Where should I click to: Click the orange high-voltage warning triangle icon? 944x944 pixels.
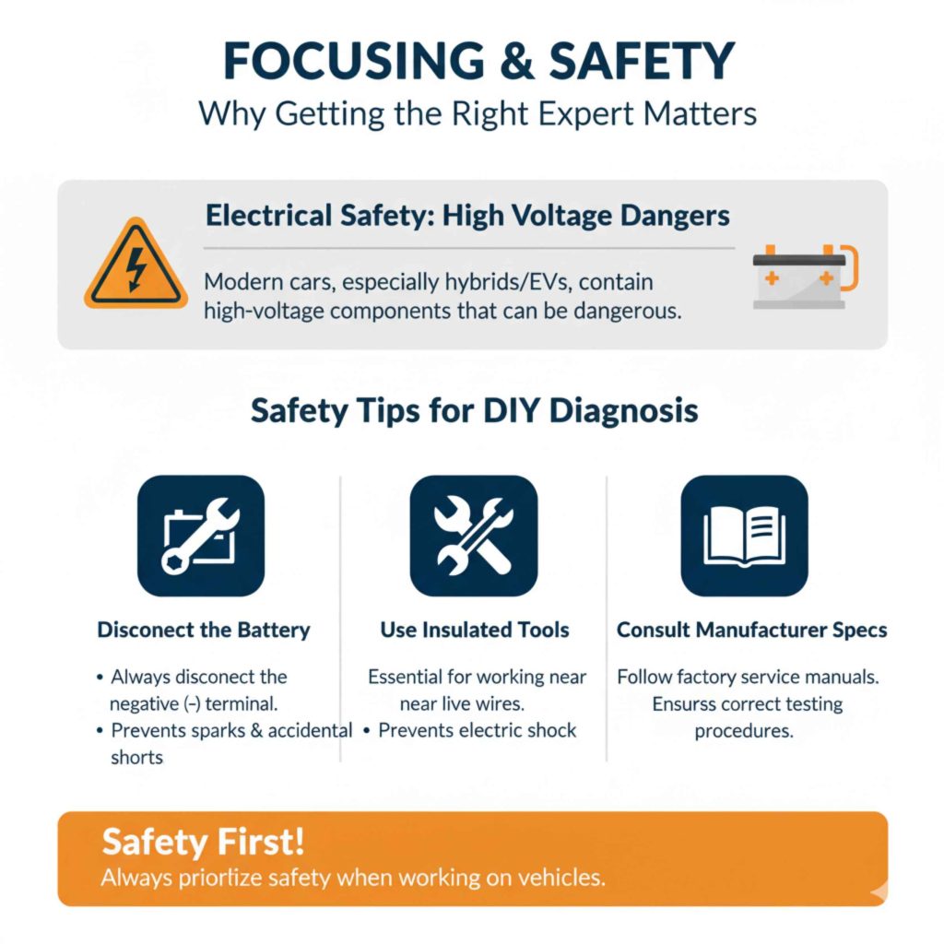[x=136, y=264]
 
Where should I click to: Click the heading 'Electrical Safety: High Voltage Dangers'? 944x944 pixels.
[x=467, y=216]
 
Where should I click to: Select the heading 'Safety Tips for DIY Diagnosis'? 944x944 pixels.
[x=474, y=410]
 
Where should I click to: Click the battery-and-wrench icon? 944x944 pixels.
[x=200, y=536]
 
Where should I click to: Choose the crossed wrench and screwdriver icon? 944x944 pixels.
[x=473, y=536]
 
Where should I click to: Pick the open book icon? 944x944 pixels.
[x=743, y=536]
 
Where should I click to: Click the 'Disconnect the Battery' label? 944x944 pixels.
[x=204, y=631]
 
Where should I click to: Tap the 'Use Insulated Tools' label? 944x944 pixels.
[x=474, y=631]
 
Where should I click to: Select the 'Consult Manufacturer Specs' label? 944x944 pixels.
[x=751, y=631]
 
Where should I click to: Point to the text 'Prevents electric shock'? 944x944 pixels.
[x=477, y=730]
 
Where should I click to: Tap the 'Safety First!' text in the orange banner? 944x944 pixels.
[x=203, y=842]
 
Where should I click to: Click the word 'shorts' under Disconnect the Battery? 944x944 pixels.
[x=136, y=757]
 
